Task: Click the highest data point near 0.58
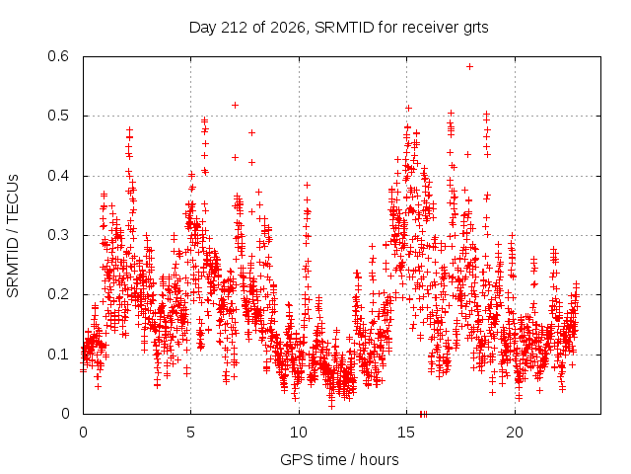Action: pos(469,66)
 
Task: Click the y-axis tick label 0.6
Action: pos(58,56)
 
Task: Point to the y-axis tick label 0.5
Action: pos(58,116)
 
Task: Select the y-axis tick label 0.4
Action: pos(58,176)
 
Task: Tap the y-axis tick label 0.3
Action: pos(58,235)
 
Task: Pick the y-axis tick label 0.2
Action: pos(58,294)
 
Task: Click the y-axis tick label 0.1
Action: pos(58,355)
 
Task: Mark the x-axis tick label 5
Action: pos(190,433)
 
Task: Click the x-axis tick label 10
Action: pos(298,433)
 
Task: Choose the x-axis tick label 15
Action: pos(406,433)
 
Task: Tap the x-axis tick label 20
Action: pos(515,433)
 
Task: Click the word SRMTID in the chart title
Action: pos(344,28)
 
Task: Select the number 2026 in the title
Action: pos(287,28)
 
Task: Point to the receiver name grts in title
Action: pos(476,29)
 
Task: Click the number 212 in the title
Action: pos(235,28)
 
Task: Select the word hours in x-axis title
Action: pos(379,460)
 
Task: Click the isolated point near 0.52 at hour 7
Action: pos(235,106)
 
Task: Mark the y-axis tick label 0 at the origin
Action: pos(66,414)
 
